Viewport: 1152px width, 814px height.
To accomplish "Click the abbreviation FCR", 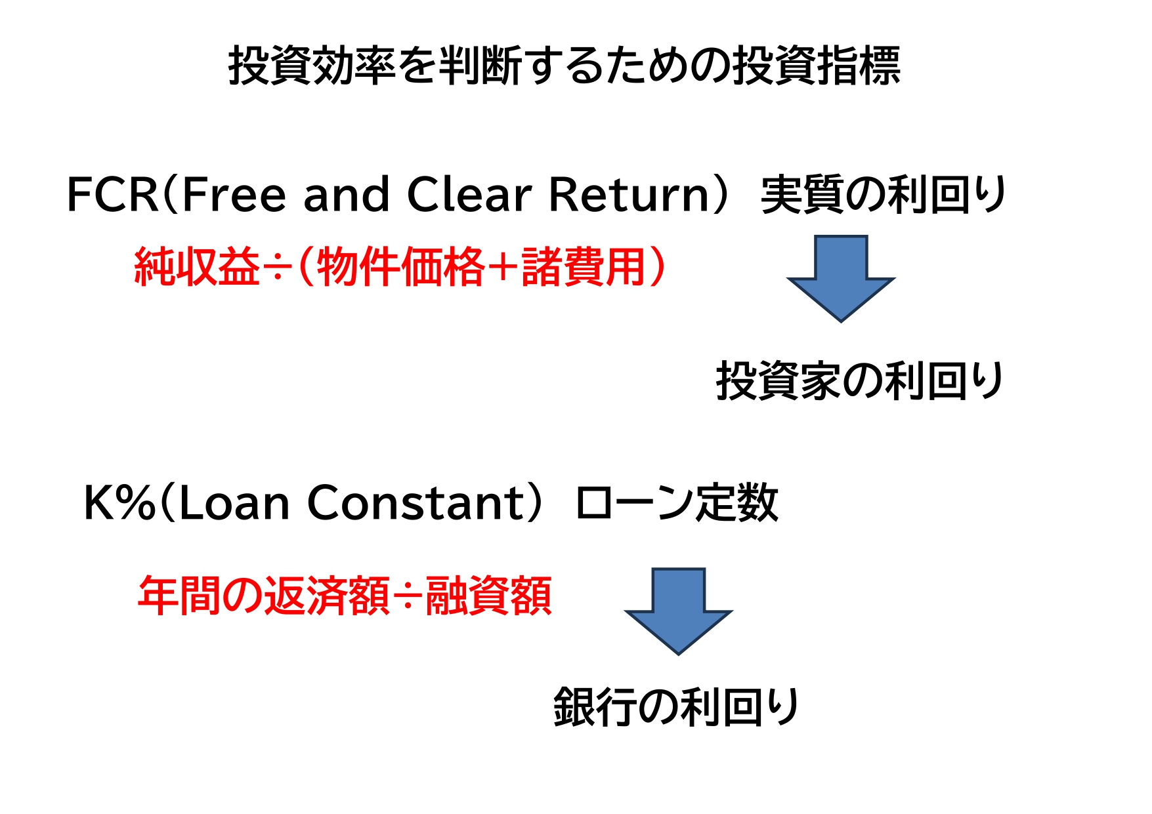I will coord(112,195).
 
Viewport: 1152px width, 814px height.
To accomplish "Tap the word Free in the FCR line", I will coord(233,195).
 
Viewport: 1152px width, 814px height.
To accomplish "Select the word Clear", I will coord(469,195).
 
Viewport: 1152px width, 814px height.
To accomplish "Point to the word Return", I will coord(629,195).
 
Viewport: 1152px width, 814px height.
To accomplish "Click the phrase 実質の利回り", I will coord(884,195).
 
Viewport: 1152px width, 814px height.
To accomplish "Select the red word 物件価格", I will coord(400,267).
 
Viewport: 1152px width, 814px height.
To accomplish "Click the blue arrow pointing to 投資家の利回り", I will coord(840,279).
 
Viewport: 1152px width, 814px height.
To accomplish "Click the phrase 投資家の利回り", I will coord(860,381).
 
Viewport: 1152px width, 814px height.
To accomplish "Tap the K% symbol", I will coord(119,503).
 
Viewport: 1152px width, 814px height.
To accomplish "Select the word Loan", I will coord(233,503).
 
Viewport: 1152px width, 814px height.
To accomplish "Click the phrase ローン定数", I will coord(677,503).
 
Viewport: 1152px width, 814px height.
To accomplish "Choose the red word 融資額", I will coord(488,596).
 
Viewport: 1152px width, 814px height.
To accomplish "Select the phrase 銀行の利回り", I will coord(676,707).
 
